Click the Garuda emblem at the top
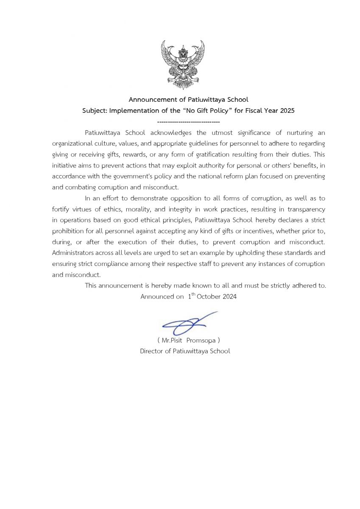tap(183, 64)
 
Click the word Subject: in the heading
tap(95, 111)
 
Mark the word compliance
tap(118, 264)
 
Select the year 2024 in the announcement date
tap(229, 296)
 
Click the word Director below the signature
tap(152, 351)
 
